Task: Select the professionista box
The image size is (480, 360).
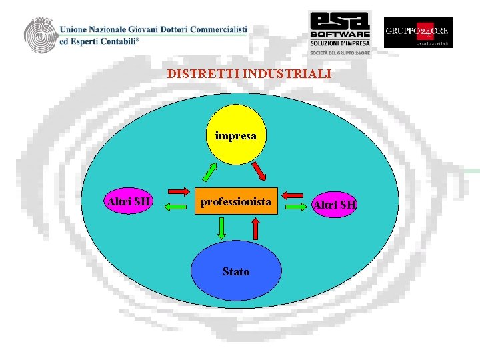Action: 236,201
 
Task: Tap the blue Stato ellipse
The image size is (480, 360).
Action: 235,271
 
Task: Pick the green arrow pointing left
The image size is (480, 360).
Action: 177,207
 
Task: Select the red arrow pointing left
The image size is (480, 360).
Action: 294,195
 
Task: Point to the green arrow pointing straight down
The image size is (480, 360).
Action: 221,229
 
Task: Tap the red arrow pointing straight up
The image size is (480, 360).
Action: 255,229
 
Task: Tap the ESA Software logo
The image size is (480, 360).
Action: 339,31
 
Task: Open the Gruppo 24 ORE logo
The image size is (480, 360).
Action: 418,32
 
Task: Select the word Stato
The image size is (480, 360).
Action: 236,272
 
